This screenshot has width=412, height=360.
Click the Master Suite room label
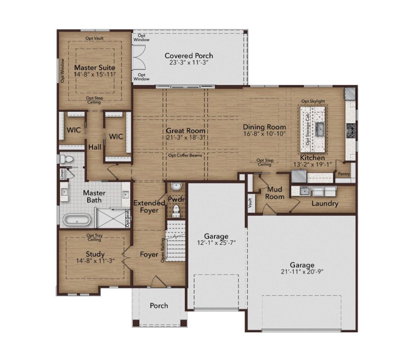point(94,68)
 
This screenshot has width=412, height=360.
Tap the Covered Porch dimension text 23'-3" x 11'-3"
point(189,63)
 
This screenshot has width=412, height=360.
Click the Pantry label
point(344,174)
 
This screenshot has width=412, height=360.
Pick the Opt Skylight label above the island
point(313,101)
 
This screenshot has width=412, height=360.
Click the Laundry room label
point(324,204)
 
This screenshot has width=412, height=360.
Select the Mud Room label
point(275,193)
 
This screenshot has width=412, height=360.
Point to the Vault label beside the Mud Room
point(250,203)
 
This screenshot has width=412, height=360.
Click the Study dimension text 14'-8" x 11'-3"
point(95,261)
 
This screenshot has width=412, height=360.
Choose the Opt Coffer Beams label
point(185,156)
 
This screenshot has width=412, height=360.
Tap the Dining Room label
point(264,127)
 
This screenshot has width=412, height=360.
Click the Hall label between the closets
point(95,147)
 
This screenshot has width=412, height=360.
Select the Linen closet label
point(62,174)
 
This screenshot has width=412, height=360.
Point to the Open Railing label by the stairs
point(163,250)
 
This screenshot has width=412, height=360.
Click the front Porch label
point(159,306)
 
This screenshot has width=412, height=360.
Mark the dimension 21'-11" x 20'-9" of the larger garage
point(302,271)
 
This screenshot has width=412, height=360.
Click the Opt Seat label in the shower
point(127,219)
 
